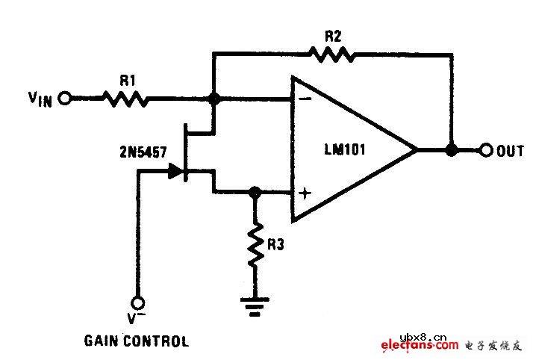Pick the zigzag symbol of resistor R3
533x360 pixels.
[x=255, y=243]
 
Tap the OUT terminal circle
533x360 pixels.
[x=486, y=150]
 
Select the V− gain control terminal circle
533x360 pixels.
[x=138, y=303]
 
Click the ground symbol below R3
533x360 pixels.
[x=255, y=306]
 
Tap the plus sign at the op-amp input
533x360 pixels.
[x=305, y=193]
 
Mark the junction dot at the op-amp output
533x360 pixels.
[x=451, y=150]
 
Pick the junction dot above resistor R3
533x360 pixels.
[x=255, y=192]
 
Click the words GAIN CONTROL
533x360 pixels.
[x=137, y=342]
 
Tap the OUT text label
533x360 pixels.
[x=511, y=151]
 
